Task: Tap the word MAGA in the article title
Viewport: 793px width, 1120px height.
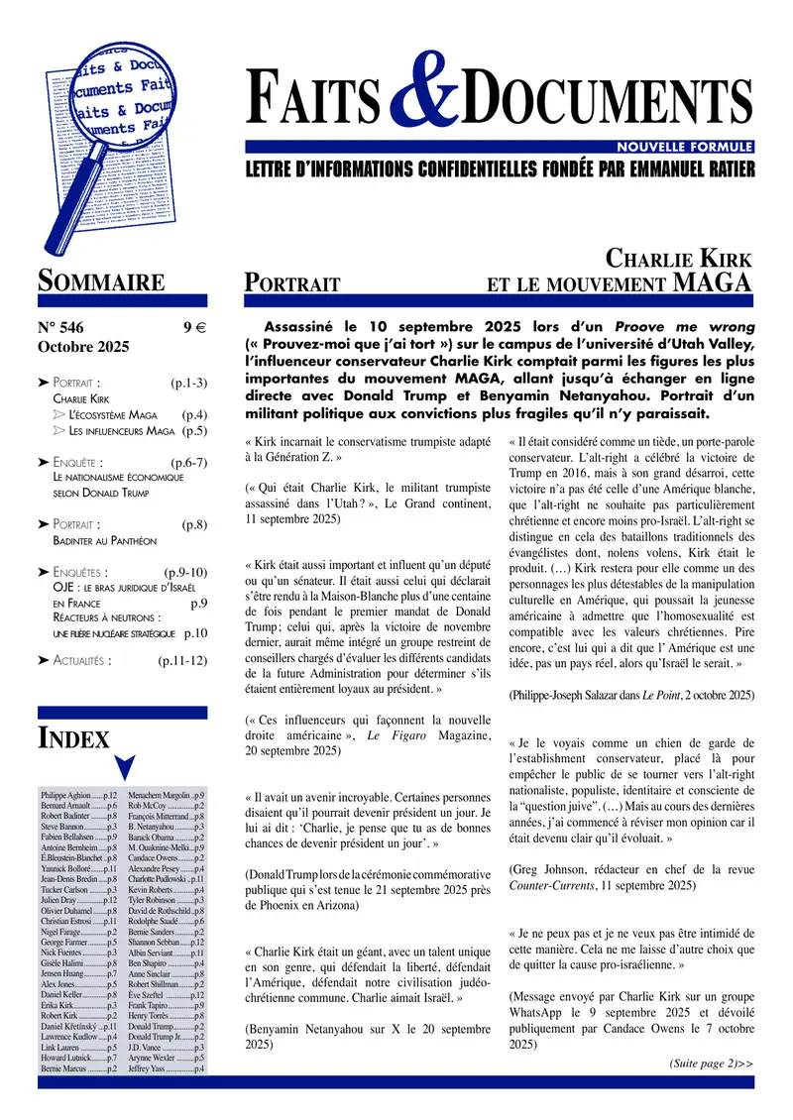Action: (712, 283)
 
